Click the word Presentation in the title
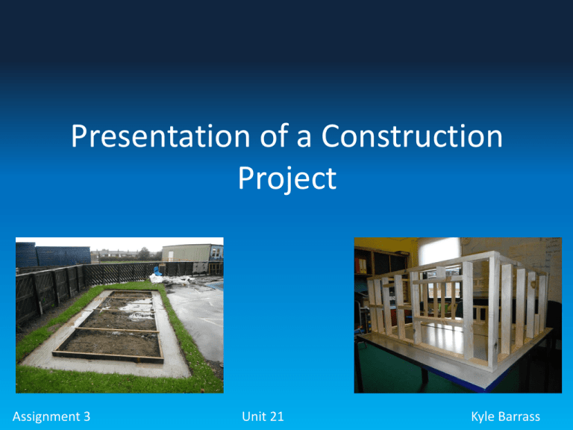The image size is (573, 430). click(x=160, y=137)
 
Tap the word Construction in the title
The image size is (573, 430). click(x=412, y=137)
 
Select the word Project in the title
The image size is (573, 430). click(x=287, y=179)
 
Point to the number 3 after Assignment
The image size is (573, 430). click(x=87, y=417)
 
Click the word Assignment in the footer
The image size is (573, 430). click(x=46, y=417)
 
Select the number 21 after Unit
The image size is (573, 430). click(x=277, y=417)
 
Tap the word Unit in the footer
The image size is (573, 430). click(x=254, y=417)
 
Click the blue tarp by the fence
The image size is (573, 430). click(x=157, y=271)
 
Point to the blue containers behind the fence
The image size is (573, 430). click(x=53, y=255)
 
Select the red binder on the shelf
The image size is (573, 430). click(x=357, y=265)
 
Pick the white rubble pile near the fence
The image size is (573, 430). click(x=171, y=280)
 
